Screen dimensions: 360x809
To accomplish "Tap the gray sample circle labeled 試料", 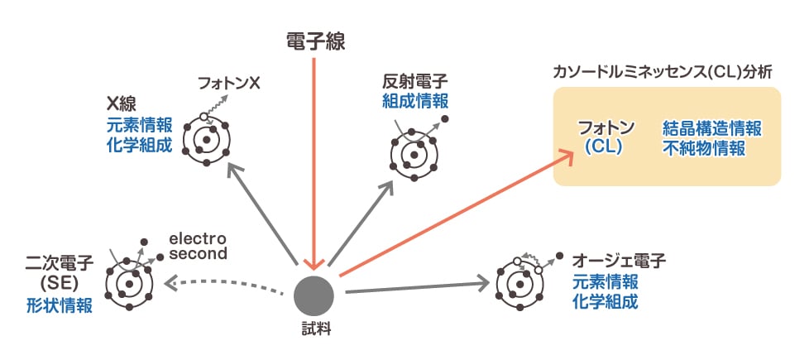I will click(x=314, y=294).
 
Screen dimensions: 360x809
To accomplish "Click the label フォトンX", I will click(x=229, y=84).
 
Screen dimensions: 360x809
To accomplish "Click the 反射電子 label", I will click(x=415, y=82).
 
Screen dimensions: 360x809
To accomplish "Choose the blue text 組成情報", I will click(x=415, y=101).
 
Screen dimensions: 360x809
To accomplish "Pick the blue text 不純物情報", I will click(x=703, y=148).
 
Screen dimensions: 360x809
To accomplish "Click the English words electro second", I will click(x=198, y=247).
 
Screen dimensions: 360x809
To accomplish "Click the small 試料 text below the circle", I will click(x=315, y=331).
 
